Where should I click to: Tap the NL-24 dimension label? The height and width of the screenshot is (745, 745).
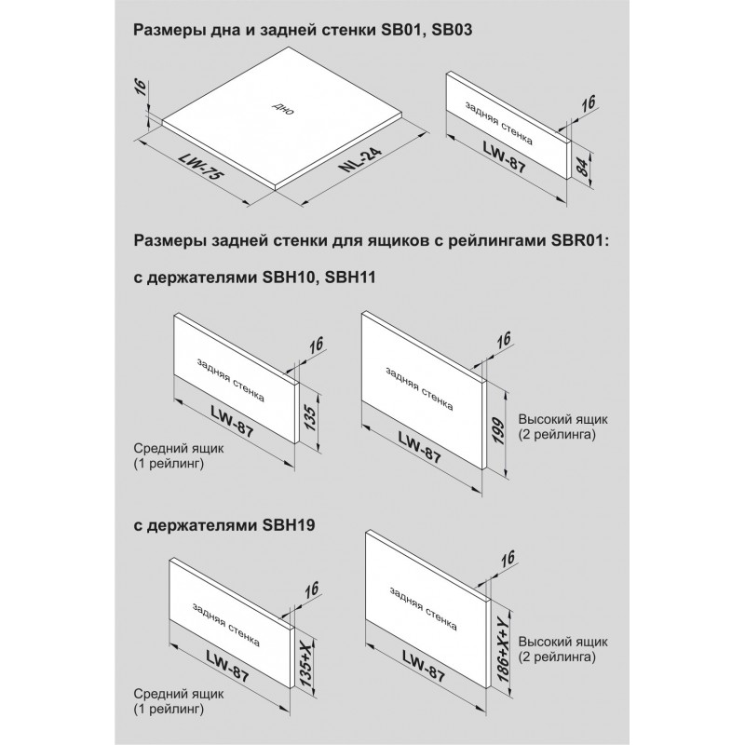click(360, 158)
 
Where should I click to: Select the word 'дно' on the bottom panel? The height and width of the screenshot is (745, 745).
click(283, 109)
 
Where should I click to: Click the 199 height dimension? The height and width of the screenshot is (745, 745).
click(497, 430)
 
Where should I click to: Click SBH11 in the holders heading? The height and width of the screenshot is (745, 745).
click(350, 277)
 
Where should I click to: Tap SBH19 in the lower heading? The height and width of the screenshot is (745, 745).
click(289, 525)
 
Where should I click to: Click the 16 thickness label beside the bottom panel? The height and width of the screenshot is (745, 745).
click(142, 88)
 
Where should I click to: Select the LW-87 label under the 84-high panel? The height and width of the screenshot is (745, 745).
click(505, 157)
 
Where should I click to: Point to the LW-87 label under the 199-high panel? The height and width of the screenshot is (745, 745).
click(420, 447)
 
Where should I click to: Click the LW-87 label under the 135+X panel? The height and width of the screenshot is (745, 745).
click(227, 666)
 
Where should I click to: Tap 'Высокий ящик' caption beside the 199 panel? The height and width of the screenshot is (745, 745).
click(563, 420)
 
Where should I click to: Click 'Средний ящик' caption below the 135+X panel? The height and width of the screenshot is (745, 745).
click(179, 694)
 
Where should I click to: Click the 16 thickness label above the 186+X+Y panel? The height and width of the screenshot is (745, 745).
click(508, 559)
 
